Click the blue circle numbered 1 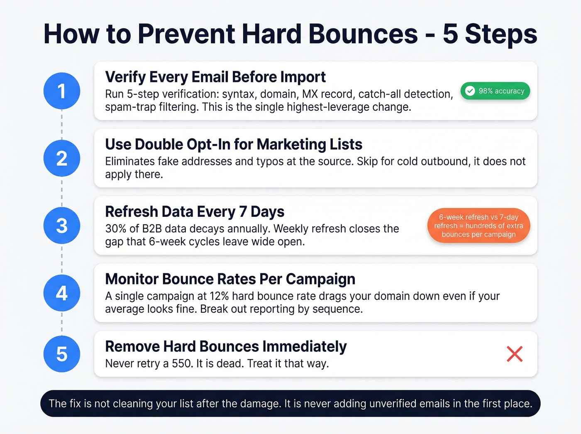62,91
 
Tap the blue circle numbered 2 62,158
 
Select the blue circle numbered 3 62,226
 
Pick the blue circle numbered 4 62,293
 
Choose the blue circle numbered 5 62,354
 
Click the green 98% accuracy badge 495,91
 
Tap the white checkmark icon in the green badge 470,91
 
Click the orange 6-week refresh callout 478,226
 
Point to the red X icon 515,354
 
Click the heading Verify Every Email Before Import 215,77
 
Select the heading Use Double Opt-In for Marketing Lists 233,145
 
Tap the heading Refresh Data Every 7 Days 194,212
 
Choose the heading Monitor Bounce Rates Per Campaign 230,279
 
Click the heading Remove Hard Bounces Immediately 226,346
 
